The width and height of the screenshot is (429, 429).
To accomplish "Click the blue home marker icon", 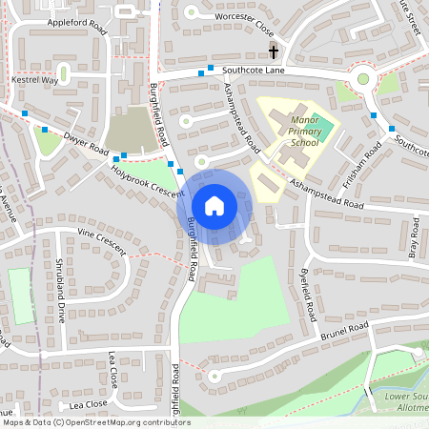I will pos(214,205).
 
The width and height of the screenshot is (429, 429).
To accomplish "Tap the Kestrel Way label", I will pos(35,80).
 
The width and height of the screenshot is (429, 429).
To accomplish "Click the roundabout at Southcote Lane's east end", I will pos(362,78).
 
